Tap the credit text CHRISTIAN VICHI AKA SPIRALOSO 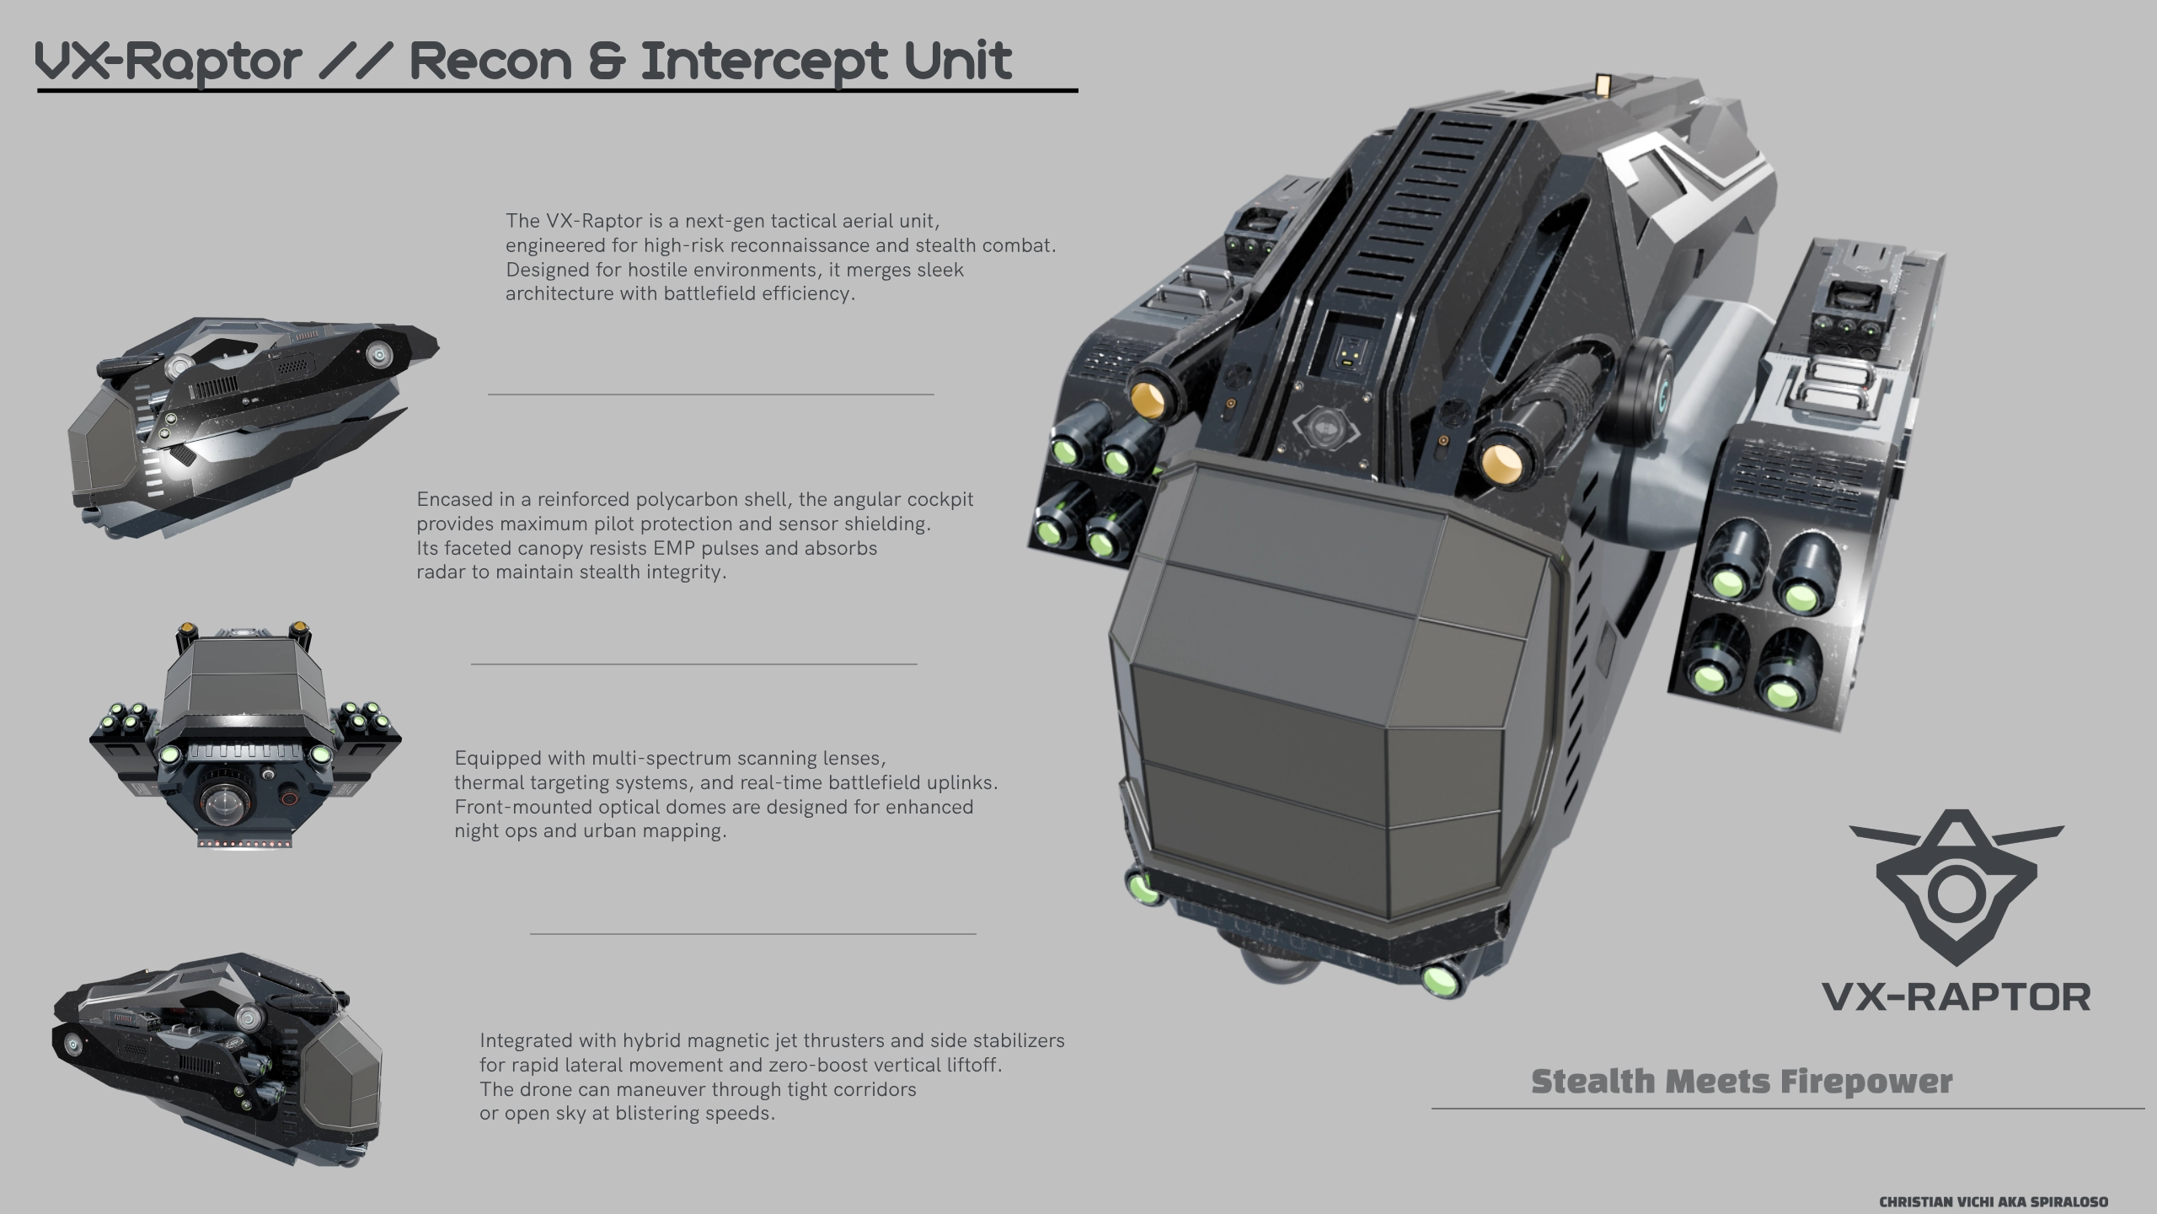(1994, 1202)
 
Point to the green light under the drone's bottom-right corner (1442, 980)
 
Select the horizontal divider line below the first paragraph (710, 394)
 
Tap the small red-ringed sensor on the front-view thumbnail (290, 795)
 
